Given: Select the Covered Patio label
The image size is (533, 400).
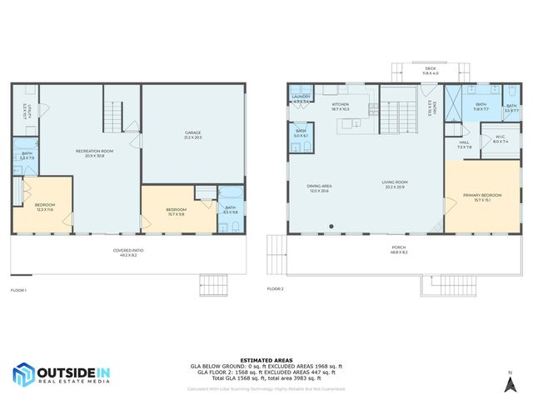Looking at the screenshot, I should tap(129, 252).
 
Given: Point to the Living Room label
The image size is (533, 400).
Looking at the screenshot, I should tap(395, 184).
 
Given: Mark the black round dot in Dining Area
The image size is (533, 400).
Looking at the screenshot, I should tap(331, 226).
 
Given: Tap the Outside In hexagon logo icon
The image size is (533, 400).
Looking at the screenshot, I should tap(23, 374).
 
